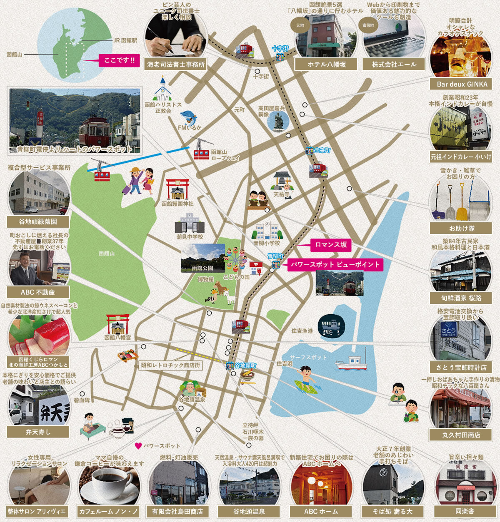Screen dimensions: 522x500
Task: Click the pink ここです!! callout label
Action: point(119,60)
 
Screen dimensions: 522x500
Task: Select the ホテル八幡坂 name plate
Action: point(326,65)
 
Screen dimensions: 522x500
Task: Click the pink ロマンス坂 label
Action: point(331,245)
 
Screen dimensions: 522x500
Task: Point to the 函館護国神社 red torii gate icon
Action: point(177,190)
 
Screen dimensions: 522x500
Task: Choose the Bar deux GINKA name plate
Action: point(462,84)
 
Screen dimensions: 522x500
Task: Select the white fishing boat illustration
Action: point(351,362)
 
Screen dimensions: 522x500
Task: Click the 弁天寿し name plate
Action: point(38,432)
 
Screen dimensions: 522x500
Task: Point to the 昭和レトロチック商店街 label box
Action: point(170,365)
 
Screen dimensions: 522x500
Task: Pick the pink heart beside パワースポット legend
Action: point(138,446)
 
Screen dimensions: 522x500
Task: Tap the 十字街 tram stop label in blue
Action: point(280,48)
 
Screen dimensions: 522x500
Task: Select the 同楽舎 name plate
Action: point(465,511)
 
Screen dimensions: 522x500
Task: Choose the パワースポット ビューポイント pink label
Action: point(335,264)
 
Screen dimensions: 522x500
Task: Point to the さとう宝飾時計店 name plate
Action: point(461,367)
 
